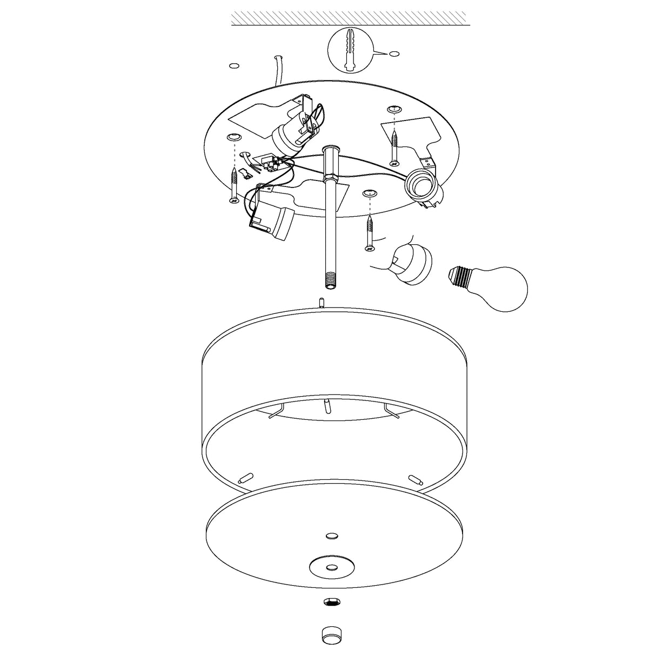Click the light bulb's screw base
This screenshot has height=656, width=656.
458,277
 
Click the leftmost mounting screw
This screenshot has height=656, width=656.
233,185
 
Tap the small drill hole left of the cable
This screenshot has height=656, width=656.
234,66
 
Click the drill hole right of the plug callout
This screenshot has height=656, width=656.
395,53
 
